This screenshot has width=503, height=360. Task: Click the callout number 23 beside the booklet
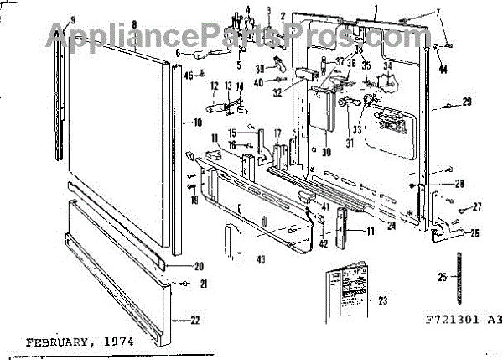click(x=383, y=300)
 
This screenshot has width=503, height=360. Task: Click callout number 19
click(x=194, y=201)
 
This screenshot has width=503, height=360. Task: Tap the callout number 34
click(x=387, y=66)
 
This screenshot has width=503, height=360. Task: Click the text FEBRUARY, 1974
click(x=79, y=342)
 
